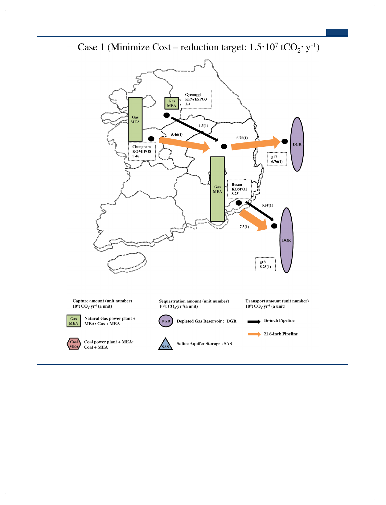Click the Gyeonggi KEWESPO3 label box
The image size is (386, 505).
pos(196,99)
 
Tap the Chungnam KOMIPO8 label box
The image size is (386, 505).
pos(142,151)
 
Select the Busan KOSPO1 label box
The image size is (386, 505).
pos(240,189)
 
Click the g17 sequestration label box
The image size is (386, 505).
pos(277,159)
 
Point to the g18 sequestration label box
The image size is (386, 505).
pos(265,264)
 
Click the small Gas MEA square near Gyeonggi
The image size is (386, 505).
pos(172,103)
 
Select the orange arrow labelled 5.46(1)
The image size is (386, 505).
pos(184,144)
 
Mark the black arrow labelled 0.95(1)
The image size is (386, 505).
pos(260,211)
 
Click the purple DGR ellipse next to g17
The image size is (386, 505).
pos(297,144)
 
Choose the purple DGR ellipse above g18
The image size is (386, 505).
pos(286,240)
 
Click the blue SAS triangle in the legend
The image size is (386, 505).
pos(165,344)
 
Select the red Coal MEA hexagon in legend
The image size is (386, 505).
pos(74,344)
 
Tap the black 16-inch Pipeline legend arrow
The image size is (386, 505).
pos(254,321)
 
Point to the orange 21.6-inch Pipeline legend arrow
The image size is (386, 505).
pos(254,334)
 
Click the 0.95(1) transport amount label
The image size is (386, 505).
pos(267,205)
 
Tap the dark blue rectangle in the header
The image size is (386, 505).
pos(337,32)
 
